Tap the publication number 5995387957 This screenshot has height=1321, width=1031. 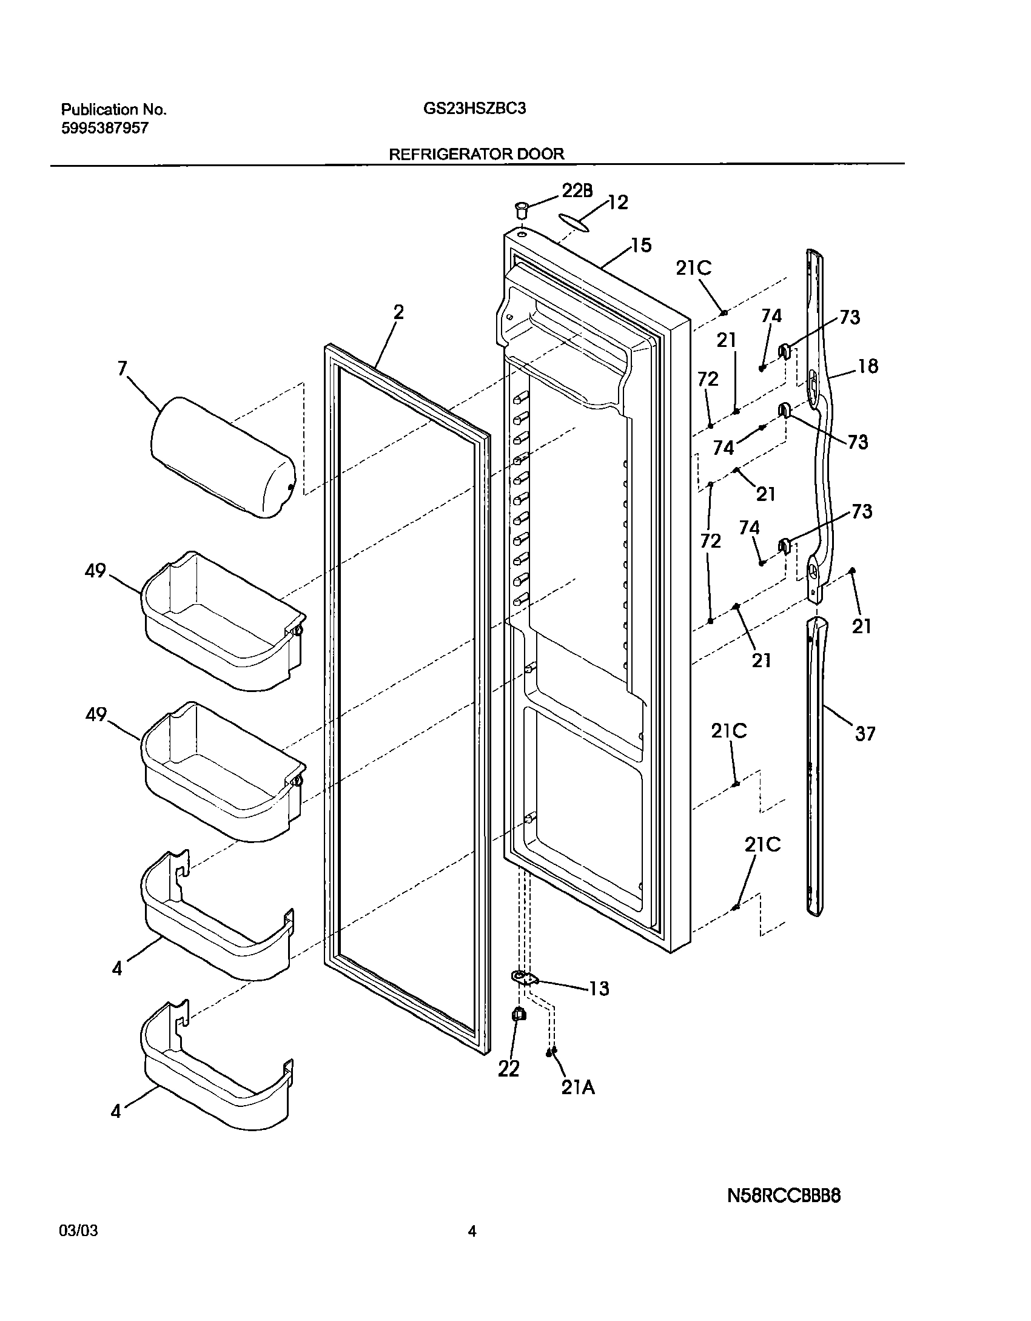(x=104, y=129)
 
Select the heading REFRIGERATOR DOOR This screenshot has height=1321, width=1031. (x=476, y=154)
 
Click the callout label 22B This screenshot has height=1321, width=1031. (x=576, y=190)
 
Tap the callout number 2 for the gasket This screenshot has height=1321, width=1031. (x=398, y=313)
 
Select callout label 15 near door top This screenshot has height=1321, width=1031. (x=640, y=246)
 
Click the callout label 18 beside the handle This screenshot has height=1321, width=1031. (x=868, y=366)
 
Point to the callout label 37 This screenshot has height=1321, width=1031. (x=865, y=734)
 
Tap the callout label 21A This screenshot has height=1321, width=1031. (x=577, y=1088)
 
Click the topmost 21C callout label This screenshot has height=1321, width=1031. (x=693, y=268)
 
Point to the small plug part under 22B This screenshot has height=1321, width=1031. (x=520, y=212)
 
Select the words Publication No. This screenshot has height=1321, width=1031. (x=113, y=110)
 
